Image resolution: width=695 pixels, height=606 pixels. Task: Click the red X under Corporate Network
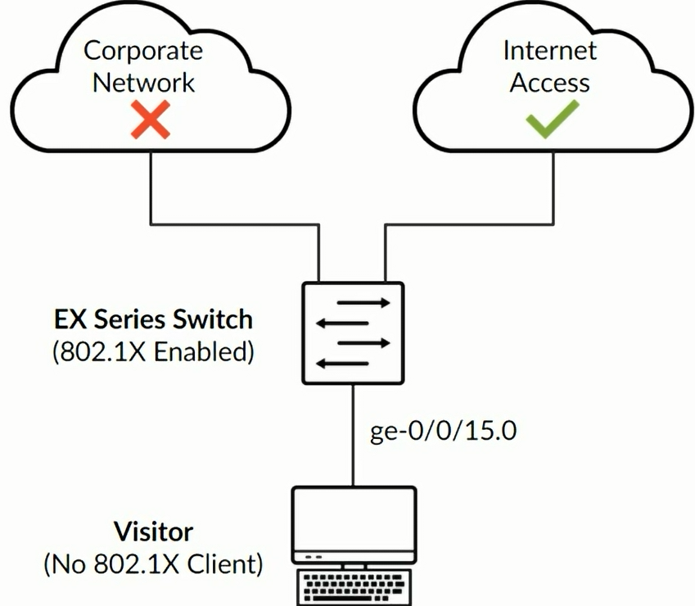click(151, 120)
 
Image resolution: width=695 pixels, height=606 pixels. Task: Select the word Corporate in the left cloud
click(143, 51)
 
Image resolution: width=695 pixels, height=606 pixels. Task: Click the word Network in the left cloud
click(143, 82)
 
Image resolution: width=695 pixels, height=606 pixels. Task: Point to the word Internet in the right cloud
click(549, 51)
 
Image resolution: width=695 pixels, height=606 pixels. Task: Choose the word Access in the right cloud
click(549, 82)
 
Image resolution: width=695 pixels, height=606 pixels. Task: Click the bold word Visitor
click(153, 531)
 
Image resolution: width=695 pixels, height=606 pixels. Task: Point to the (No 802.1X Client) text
click(153, 564)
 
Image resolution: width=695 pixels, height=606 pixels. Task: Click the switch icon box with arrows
click(353, 332)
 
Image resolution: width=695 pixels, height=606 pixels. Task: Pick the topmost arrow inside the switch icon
click(363, 302)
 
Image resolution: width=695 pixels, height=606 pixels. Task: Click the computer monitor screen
click(354, 519)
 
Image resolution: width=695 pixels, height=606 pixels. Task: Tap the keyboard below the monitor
click(354, 587)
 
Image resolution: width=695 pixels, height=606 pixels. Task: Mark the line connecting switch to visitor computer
click(354, 434)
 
